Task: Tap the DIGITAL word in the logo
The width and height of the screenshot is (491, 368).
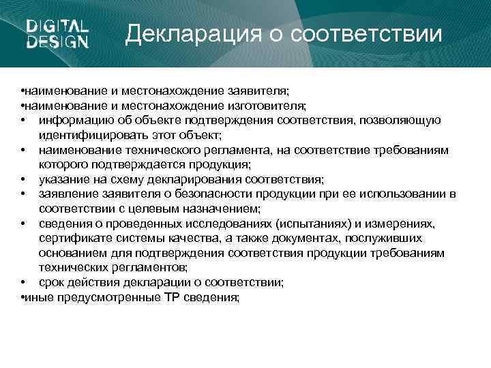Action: pyautogui.click(x=57, y=27)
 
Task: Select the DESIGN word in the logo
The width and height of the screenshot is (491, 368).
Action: pyautogui.click(x=57, y=42)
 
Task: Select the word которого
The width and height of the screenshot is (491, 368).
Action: pyautogui.click(x=61, y=164)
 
